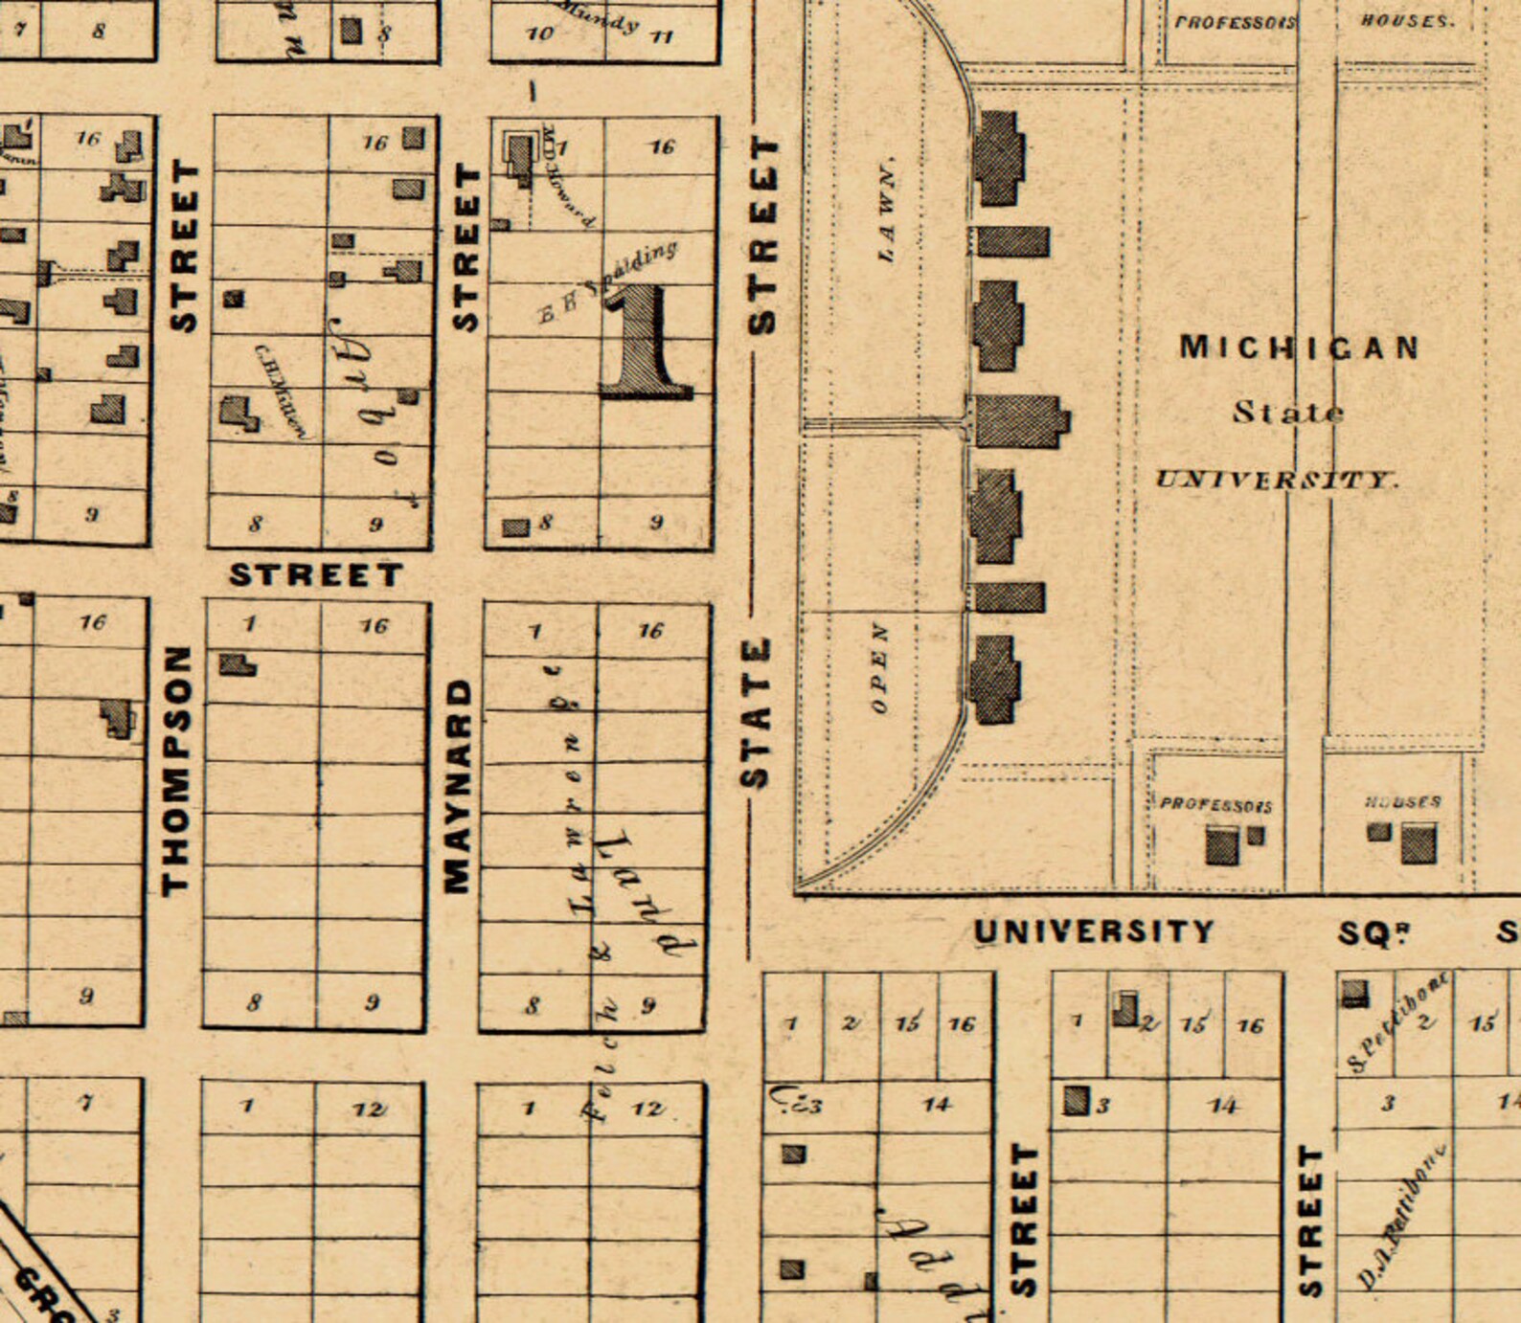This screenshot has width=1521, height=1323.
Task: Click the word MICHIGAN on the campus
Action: (1298, 347)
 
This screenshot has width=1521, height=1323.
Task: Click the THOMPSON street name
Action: (176, 770)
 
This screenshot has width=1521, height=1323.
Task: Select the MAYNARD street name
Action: (459, 785)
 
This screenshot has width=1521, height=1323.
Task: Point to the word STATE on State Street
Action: (757, 712)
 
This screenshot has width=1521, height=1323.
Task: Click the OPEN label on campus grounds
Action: (879, 668)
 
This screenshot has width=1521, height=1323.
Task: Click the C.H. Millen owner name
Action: (281, 391)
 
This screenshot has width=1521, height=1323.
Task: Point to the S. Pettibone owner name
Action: (1397, 1020)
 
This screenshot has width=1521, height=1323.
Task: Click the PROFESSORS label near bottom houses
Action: (1215, 805)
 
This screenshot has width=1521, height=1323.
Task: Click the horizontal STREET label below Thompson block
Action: (315, 574)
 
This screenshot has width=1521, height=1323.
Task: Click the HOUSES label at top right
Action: (1406, 20)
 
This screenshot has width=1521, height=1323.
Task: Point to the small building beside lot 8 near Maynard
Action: (515, 527)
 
